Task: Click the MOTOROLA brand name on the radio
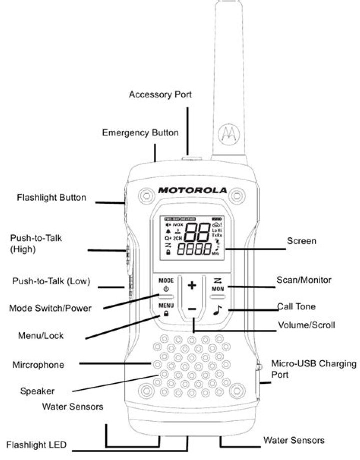coord(192,190)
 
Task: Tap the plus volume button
coord(192,285)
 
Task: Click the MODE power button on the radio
coord(166,285)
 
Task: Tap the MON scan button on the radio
coord(217,285)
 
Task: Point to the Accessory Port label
coord(160,94)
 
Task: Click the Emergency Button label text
coord(140,133)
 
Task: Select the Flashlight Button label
coord(52,197)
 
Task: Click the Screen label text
coord(301,241)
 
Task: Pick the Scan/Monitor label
coord(304,280)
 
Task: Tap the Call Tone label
coord(296,306)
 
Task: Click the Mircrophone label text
coord(38,365)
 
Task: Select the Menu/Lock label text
coord(41,336)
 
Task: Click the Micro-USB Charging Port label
coord(314,368)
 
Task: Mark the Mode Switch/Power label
coord(50,308)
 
